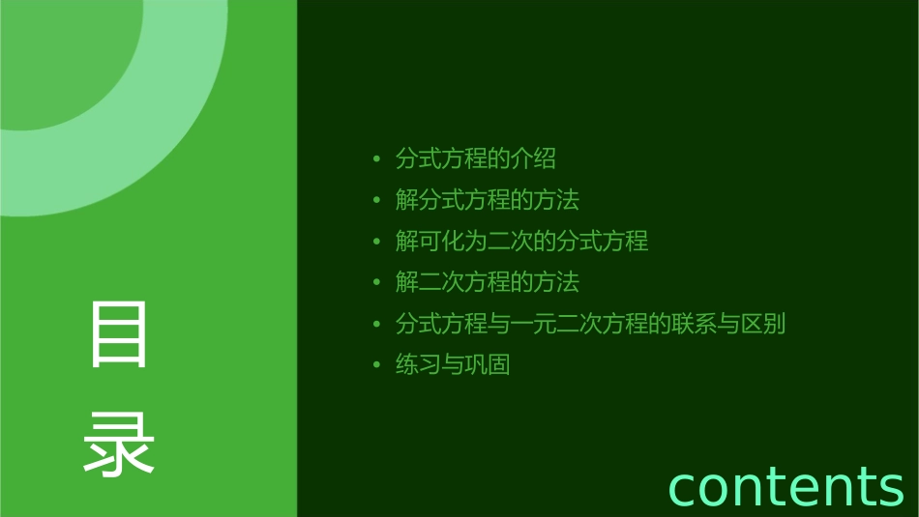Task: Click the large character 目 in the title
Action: pyautogui.click(x=119, y=334)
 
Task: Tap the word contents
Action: pyautogui.click(x=786, y=485)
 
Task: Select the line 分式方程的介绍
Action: pyautogui.click(x=475, y=158)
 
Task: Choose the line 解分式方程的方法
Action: pyautogui.click(x=487, y=200)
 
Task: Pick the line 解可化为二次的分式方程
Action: pyautogui.click(x=521, y=241)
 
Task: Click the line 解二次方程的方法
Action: pyautogui.click(x=487, y=282)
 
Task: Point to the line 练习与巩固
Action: pyautogui.click(x=452, y=365)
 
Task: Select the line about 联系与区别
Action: pyautogui.click(x=590, y=324)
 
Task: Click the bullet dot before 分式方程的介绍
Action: pyautogui.click(x=376, y=159)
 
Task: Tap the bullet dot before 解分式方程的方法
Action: pyautogui.click(x=376, y=201)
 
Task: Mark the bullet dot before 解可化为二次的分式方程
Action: pyautogui.click(x=376, y=242)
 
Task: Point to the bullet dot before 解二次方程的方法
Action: pyautogui.click(x=376, y=283)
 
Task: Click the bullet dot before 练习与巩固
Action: pyautogui.click(x=376, y=366)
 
